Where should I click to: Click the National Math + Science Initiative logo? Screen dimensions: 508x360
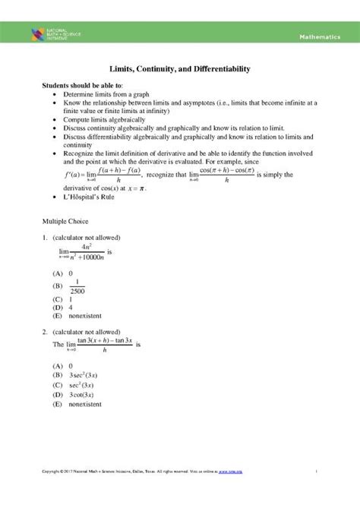pyautogui.click(x=49, y=35)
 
